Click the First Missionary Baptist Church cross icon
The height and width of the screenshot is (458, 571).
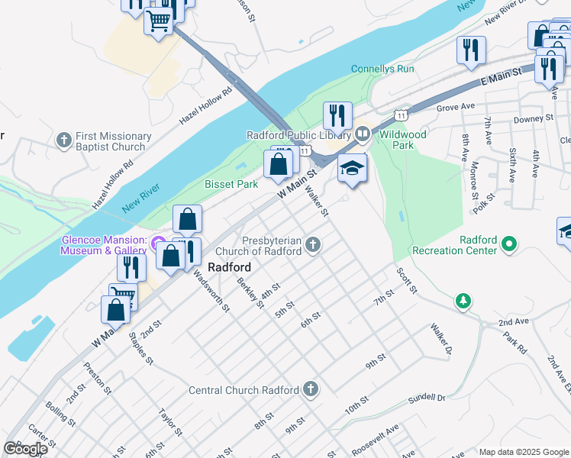[65, 140]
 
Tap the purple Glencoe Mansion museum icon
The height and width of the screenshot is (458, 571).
[159, 245]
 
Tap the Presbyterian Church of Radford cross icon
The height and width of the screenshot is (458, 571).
[312, 245]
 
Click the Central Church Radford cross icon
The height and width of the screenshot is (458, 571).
[310, 389]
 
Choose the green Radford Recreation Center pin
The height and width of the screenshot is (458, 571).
[509, 244]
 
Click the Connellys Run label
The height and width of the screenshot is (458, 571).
[382, 69]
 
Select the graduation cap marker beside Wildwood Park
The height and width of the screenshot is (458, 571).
[352, 169]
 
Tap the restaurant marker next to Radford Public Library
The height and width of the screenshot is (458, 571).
[337, 116]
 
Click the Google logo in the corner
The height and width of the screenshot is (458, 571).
[25, 448]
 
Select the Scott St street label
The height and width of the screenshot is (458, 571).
[406, 280]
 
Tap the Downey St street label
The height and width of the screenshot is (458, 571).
[534, 118]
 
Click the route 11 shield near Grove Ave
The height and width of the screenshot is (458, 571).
[399, 114]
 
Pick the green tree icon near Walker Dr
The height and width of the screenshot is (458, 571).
[463, 301]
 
